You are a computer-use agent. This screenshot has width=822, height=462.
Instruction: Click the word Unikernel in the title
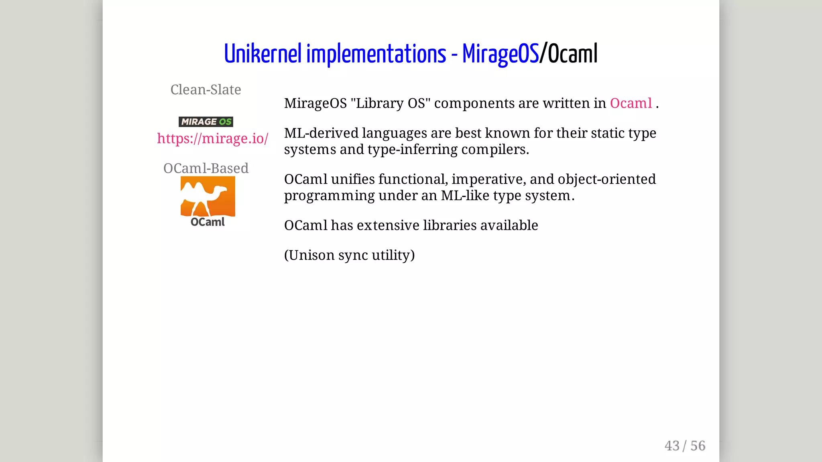tap(262, 54)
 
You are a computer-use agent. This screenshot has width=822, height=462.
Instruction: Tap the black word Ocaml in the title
tap(573, 54)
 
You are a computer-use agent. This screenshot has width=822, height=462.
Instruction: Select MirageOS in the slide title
tap(500, 54)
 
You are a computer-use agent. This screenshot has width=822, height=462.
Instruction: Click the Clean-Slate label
tap(205, 89)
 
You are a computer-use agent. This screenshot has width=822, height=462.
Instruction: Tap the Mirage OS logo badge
tap(205, 122)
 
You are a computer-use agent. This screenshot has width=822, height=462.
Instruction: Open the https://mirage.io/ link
tap(212, 138)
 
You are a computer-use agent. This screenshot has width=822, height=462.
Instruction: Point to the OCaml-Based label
tap(205, 168)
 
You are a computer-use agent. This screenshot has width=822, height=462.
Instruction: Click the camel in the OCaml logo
tap(208, 195)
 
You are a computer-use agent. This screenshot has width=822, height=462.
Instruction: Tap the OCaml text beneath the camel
tap(208, 222)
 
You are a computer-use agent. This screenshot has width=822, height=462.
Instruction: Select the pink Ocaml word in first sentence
tap(631, 103)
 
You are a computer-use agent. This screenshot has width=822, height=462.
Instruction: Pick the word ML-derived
tap(321, 133)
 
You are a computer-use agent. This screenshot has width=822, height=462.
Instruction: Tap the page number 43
tap(672, 446)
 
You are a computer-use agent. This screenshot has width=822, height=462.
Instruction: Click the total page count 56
tap(698, 446)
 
